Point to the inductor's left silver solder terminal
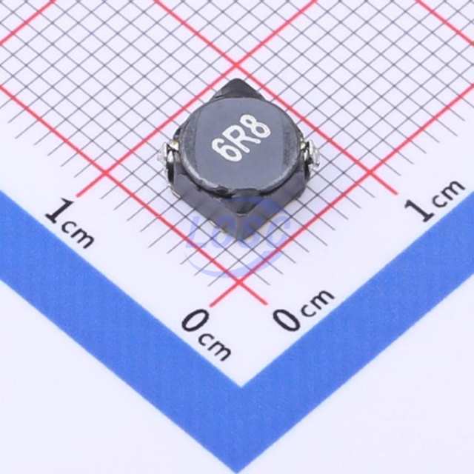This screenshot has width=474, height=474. point(167,155)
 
